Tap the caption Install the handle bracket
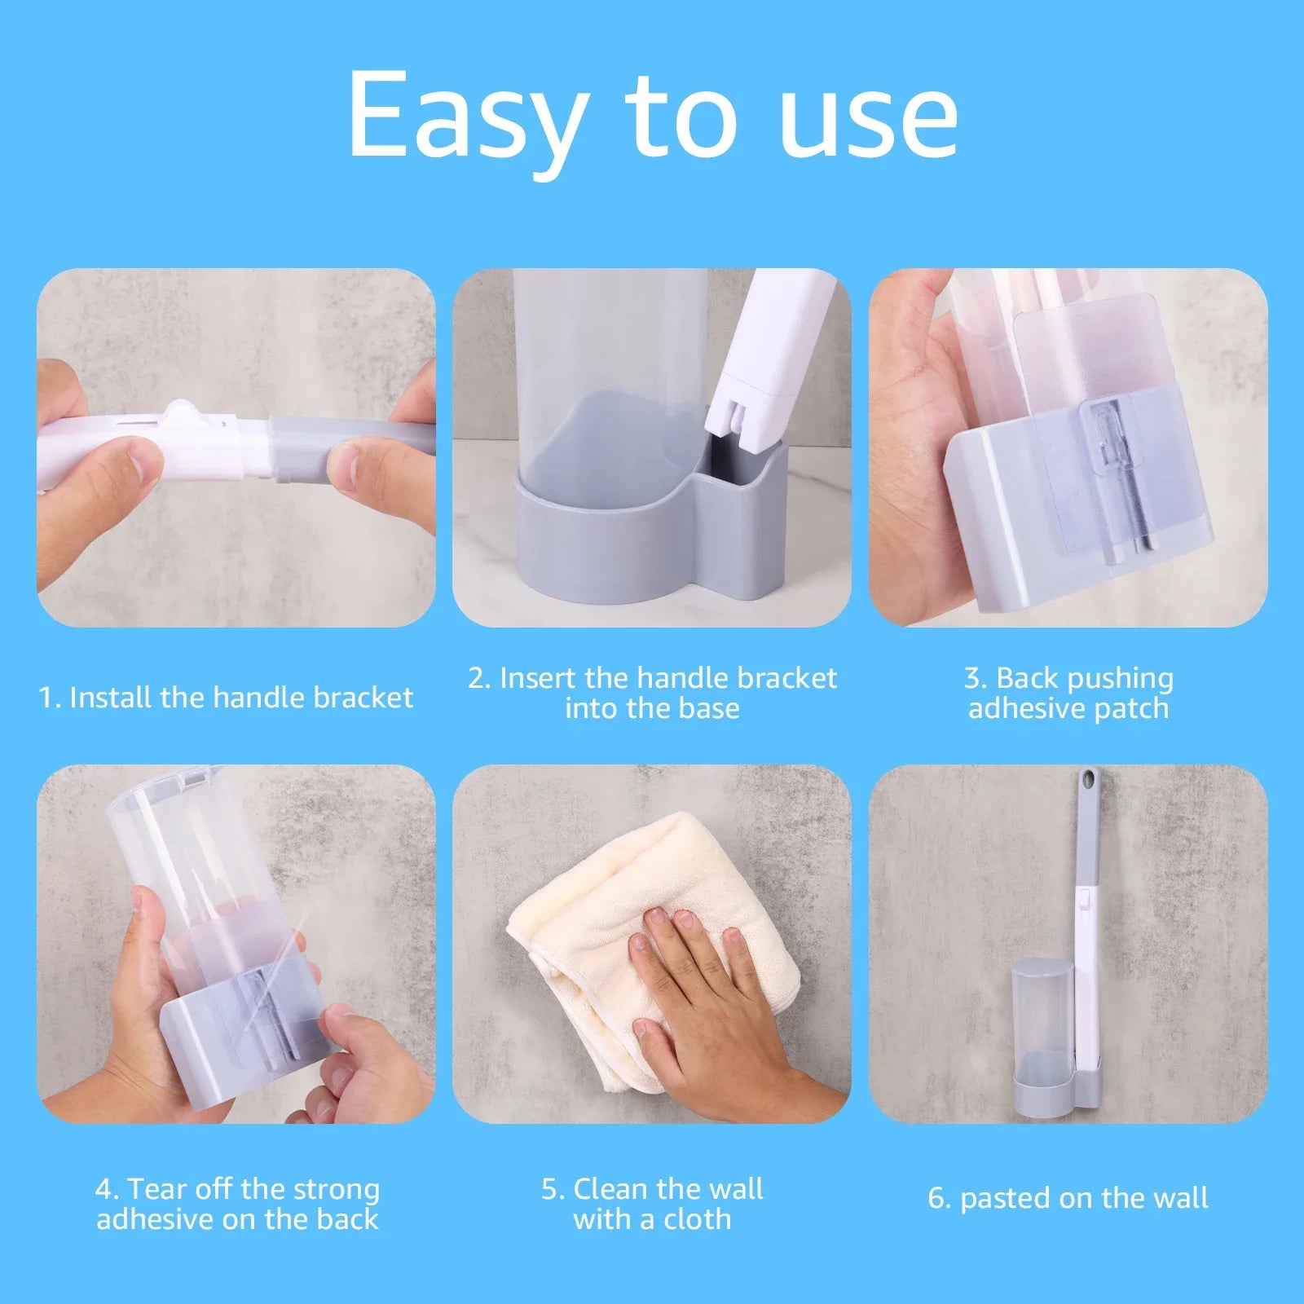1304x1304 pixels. pyautogui.click(x=227, y=698)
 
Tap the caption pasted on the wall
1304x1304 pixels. pyautogui.click(x=1068, y=1198)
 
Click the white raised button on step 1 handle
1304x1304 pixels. pyautogui.click(x=183, y=416)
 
